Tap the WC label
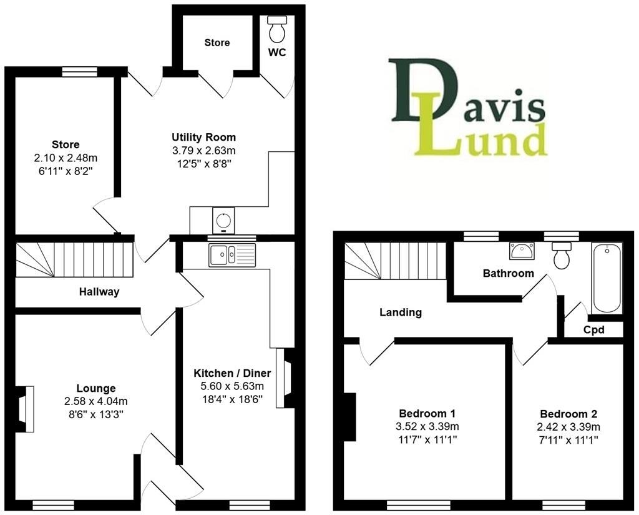277,52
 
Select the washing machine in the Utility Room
222,220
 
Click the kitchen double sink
232,255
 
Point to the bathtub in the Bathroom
607,278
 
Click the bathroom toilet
562,256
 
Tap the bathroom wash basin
521,251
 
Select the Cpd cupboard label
593,329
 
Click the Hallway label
99,291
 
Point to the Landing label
401,312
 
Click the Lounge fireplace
24,409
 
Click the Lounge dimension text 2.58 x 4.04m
96,401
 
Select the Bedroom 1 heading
427,413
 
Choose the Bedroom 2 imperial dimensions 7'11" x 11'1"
568,440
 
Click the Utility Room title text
204,137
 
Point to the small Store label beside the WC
217,42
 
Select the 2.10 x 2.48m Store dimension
66,157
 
